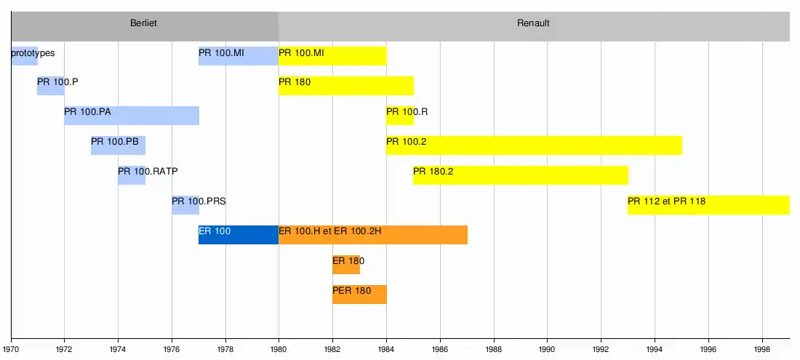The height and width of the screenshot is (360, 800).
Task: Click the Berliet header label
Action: point(143,23)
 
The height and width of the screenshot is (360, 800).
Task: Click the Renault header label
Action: point(533,23)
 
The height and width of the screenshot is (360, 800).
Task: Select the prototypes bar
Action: point(24,55)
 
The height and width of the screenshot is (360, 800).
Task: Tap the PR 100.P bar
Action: point(51,85)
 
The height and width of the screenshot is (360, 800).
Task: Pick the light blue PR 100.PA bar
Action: point(131,115)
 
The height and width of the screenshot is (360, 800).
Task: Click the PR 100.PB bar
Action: point(118,145)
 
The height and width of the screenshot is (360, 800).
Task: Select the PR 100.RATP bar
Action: point(132,175)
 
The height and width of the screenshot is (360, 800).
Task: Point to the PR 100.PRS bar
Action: point(185,204)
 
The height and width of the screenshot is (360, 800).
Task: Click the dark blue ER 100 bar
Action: point(238,234)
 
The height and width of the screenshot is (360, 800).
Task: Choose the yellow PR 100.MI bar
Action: point(332,55)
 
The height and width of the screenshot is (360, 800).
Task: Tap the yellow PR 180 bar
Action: point(345,85)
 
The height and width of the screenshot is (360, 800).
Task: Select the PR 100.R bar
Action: point(400,115)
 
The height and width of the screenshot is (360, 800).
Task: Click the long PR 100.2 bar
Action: point(534,145)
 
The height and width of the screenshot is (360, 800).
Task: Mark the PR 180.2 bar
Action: point(520,175)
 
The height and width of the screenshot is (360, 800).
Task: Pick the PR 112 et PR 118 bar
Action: point(708,204)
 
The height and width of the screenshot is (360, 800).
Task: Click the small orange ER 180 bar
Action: point(346,264)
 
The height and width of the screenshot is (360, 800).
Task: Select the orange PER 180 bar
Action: point(359,294)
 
